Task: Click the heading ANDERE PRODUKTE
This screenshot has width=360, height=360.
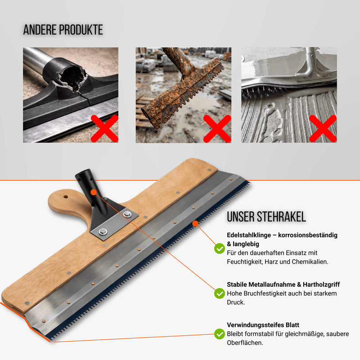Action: [63, 30]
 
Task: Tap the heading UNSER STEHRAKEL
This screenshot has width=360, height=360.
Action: [266, 217]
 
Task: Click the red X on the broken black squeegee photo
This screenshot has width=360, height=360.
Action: [105, 129]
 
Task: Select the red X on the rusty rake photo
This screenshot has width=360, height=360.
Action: [217, 129]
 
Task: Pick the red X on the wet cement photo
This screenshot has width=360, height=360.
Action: [323, 129]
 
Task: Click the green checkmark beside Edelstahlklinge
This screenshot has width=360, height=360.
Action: [220, 248]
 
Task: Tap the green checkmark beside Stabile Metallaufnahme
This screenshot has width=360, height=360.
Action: [220, 293]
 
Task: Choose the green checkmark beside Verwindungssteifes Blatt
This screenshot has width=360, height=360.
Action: [220, 334]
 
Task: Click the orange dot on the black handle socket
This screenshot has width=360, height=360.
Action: [94, 193]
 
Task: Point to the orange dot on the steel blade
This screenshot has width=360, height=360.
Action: [195, 223]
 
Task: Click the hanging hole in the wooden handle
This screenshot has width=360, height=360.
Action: [66, 197]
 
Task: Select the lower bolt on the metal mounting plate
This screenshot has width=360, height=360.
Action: [103, 232]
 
